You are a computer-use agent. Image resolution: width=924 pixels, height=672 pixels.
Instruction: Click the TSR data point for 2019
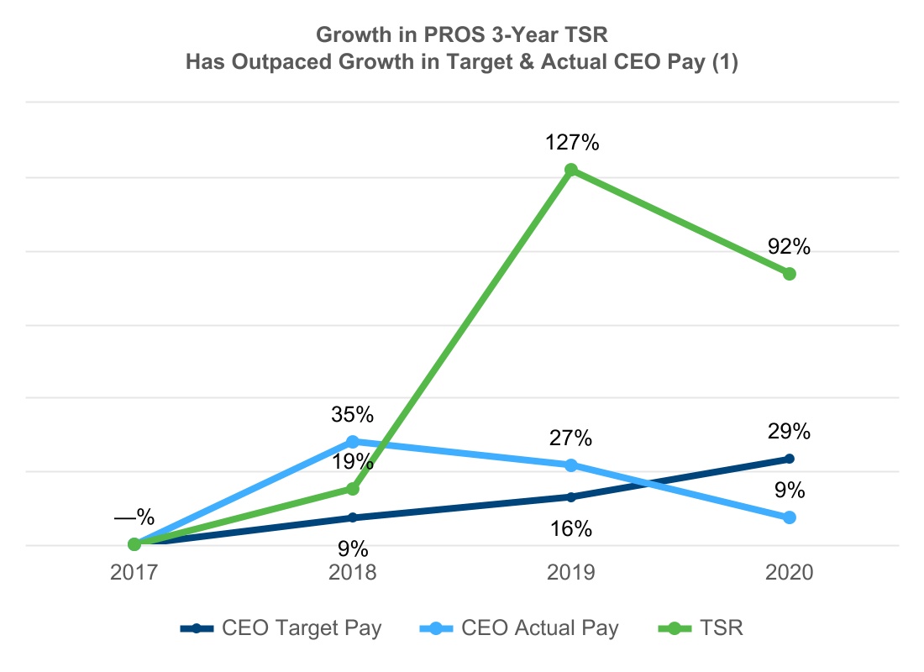571,171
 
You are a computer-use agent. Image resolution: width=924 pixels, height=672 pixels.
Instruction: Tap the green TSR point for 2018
353,488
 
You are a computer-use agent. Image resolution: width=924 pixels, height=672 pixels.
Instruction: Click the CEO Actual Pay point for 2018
353,442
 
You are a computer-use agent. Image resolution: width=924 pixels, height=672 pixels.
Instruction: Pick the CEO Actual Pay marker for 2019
571,465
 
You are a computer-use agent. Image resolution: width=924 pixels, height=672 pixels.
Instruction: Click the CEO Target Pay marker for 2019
571,497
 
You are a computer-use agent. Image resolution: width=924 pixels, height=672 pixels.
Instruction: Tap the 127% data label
571,143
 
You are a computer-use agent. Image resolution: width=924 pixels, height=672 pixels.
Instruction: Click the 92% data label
789,247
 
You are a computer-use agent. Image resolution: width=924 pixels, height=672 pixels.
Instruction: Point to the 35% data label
353,415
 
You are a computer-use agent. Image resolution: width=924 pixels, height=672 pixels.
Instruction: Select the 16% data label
571,529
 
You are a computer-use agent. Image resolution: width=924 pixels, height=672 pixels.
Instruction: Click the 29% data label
789,432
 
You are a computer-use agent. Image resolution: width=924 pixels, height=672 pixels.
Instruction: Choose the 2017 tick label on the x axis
134,573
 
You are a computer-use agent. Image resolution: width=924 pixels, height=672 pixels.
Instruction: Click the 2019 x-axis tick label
571,573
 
